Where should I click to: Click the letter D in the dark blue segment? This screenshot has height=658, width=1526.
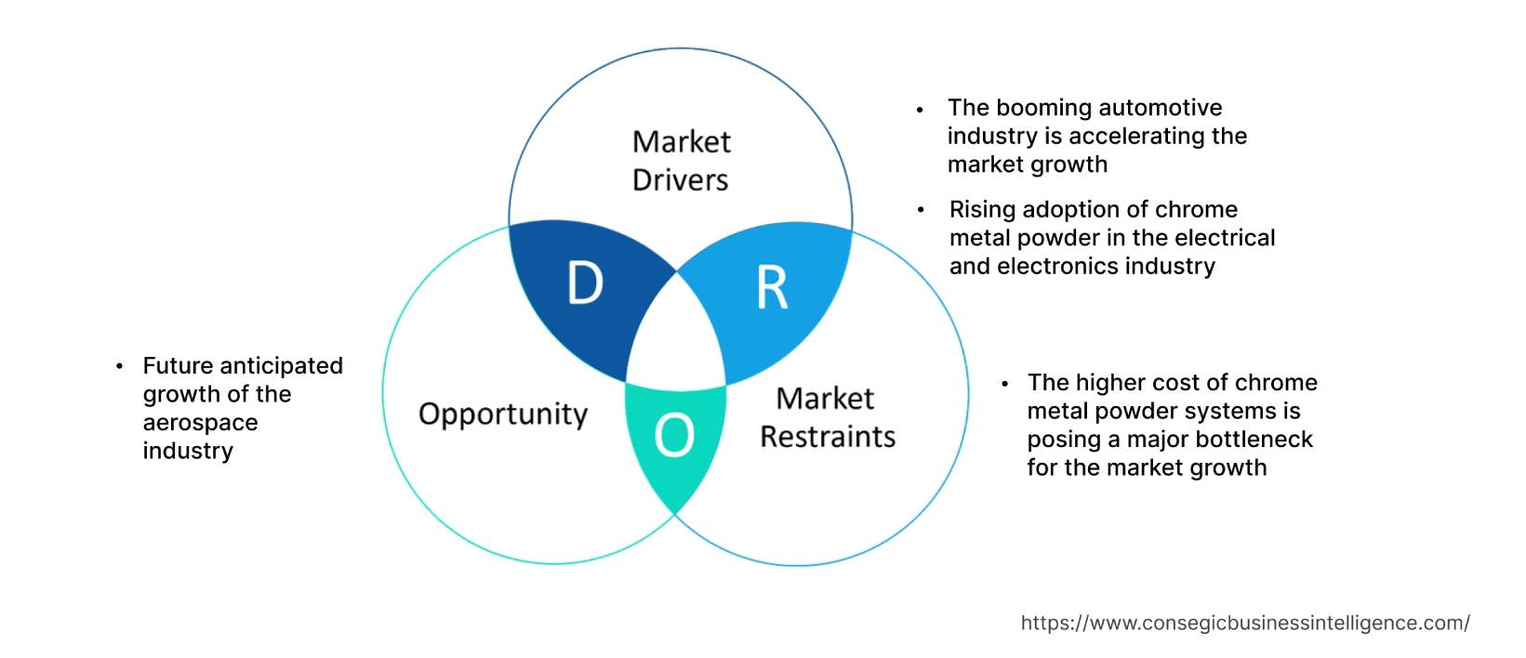585,283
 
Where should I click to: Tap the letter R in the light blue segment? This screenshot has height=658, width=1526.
772,288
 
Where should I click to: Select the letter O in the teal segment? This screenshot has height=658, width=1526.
674,435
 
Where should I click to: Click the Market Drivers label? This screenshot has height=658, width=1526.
681,161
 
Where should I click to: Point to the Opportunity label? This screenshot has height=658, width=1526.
503,415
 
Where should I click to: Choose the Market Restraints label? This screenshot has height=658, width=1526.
827,417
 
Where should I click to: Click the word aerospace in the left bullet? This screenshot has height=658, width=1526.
200,423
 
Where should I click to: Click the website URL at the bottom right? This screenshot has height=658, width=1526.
1245,623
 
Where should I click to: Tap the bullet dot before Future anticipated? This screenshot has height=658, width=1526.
119,367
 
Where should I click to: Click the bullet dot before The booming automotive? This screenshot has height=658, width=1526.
920,110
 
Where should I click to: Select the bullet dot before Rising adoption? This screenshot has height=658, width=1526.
921,210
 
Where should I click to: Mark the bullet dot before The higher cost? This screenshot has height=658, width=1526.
1004,383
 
